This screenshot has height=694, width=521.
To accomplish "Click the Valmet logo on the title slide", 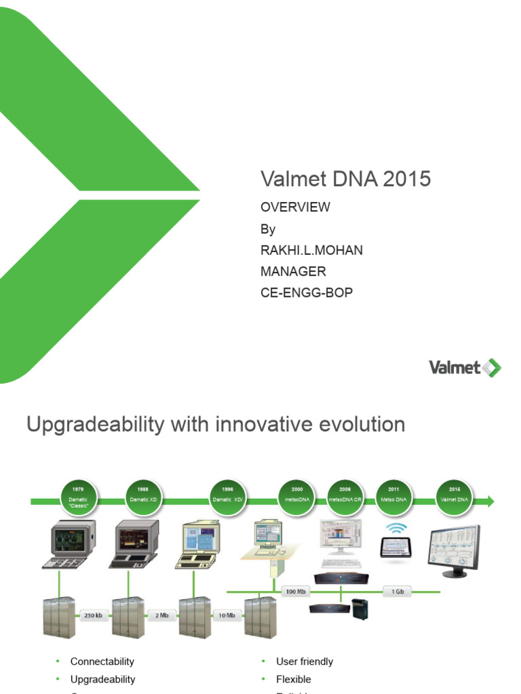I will click(465, 368).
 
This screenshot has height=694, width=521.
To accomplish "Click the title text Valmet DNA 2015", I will click(345, 179).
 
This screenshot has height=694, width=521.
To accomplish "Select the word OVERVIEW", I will click(295, 207).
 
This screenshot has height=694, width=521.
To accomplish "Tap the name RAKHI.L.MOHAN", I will click(311, 250).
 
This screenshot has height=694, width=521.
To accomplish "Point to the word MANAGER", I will click(293, 271).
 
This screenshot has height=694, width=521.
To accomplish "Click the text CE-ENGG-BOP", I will click(307, 293).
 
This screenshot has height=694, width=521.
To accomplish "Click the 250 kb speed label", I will click(94, 615).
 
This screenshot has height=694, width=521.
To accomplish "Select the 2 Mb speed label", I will click(161, 615).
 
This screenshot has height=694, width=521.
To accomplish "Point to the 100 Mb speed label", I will click(296, 591).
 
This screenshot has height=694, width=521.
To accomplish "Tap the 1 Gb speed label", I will click(398, 591).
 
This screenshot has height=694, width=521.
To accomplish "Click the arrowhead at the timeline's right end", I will click(490, 501).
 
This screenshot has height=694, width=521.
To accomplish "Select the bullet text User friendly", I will click(305, 661).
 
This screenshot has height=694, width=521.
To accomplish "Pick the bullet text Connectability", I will click(102, 661).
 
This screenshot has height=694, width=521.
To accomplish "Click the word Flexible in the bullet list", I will click(294, 679).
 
